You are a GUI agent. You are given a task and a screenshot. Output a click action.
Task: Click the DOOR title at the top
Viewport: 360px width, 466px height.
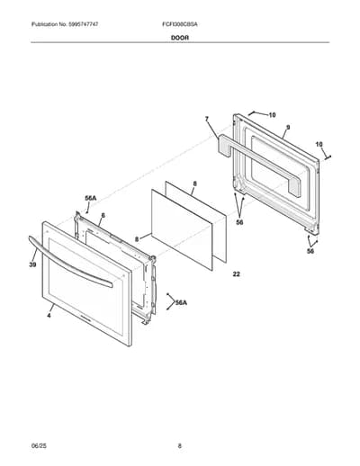click(x=180, y=38)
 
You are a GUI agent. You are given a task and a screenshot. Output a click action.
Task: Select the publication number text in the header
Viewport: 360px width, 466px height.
click(x=65, y=24)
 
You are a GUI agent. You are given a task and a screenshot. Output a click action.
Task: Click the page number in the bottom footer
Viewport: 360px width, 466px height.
click(x=180, y=446)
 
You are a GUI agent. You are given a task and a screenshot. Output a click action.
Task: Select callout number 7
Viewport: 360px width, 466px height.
click(x=207, y=120)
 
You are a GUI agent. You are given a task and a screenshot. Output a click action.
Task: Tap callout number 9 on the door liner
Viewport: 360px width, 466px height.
click(x=288, y=128)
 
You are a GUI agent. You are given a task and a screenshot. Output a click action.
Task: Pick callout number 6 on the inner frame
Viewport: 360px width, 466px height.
click(x=103, y=216)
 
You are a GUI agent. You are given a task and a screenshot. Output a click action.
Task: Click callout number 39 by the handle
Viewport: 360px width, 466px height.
click(x=32, y=264)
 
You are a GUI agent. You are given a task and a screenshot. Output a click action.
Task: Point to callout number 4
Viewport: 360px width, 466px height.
click(x=49, y=315)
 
